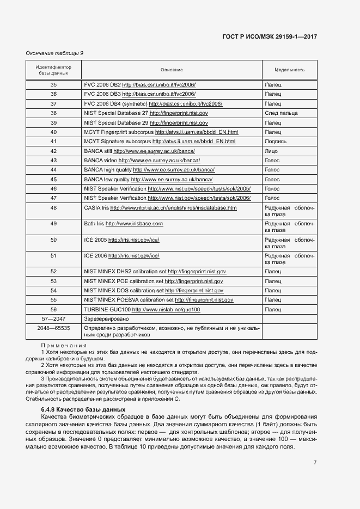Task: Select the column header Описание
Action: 171,70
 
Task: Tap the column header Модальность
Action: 289,70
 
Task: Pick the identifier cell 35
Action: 53,85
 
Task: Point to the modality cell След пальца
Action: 281,113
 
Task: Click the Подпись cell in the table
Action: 276,142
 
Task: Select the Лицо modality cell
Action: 272,151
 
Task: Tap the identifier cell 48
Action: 53,208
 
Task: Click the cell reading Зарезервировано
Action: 106,318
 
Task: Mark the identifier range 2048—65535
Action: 53,328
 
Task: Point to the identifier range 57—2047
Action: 53,318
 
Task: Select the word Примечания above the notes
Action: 64,346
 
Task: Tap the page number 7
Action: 315,462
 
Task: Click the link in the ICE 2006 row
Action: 133,255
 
